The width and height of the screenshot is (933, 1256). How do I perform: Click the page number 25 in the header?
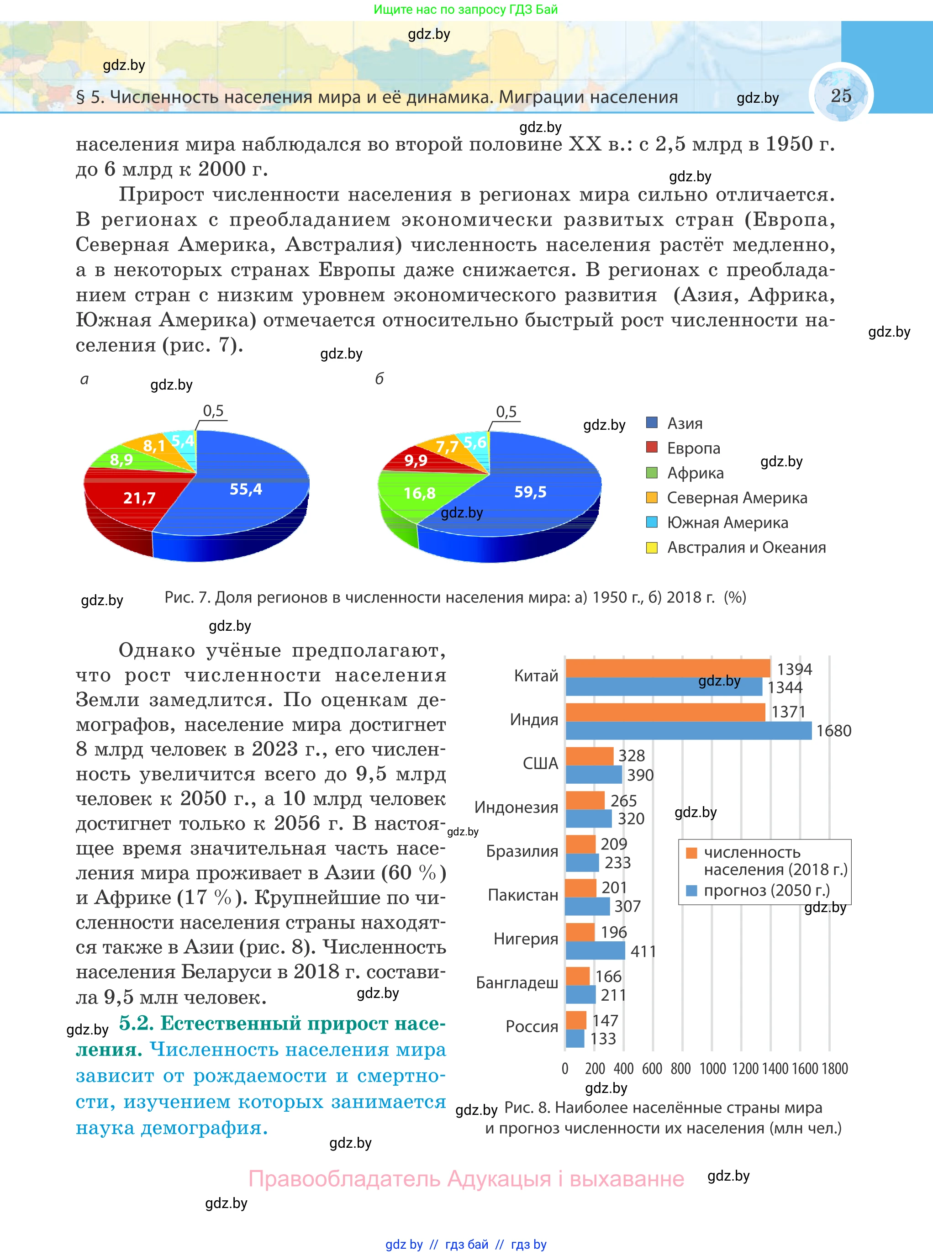[840, 95]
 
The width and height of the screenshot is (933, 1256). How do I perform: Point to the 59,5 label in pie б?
[530, 492]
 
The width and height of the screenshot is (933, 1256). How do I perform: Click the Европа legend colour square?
[652, 447]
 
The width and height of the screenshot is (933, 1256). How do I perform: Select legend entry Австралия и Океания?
[745, 547]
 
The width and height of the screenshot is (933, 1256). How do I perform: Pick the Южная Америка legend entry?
[727, 522]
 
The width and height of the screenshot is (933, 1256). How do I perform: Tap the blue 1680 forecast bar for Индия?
[688, 730]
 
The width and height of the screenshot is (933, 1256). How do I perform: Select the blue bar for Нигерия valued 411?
[595, 950]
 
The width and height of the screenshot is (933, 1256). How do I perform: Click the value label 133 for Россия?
[603, 1039]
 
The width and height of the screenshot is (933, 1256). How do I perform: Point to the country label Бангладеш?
[517, 983]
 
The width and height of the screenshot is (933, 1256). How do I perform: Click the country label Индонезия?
[516, 807]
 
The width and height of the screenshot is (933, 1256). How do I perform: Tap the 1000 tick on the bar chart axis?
[712, 1068]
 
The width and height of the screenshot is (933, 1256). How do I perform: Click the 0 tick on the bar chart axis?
[565, 1068]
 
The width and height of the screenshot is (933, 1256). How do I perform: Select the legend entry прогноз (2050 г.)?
[766, 891]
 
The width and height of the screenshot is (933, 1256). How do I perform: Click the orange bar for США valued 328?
[590, 755]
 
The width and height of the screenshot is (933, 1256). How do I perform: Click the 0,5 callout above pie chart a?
[213, 411]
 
